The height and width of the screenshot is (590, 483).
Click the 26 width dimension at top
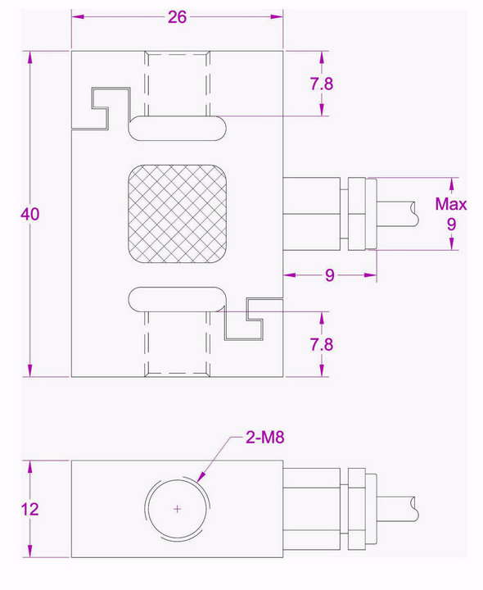pos(177,17)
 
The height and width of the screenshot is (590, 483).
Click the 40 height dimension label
pos(30,213)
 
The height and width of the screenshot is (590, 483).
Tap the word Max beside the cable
pos(450,204)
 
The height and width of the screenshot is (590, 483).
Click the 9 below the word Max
pos(451,223)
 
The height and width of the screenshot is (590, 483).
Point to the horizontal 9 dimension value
pos(329,275)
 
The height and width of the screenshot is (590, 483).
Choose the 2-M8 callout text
pos(264,438)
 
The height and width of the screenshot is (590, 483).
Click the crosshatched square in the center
pos(176,214)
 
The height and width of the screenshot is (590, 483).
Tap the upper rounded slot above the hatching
pos(176,128)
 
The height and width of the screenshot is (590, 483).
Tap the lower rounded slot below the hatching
pos(176,299)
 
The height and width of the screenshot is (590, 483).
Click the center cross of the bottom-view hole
pos(178,509)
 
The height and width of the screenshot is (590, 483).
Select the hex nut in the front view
pos(358,213)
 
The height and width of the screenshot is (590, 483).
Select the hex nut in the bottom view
pos(358,508)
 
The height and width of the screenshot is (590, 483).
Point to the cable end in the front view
pos(413,213)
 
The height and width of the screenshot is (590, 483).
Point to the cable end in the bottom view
pos(413,508)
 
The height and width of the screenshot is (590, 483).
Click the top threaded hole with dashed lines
pos(177,82)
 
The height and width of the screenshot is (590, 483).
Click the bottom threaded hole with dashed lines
pos(177,344)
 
